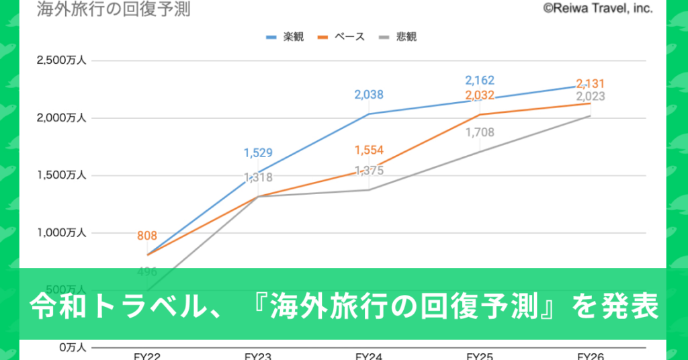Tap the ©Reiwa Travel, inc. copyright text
pos(597,8)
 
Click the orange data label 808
pos(147,236)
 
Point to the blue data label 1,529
pos(258,153)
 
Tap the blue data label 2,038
pos(369,95)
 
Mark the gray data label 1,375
pos(369,171)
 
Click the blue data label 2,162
pos(480,81)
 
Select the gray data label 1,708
pos(480,132)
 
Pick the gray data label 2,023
pos(591,96)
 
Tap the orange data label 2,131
pos(591,84)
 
